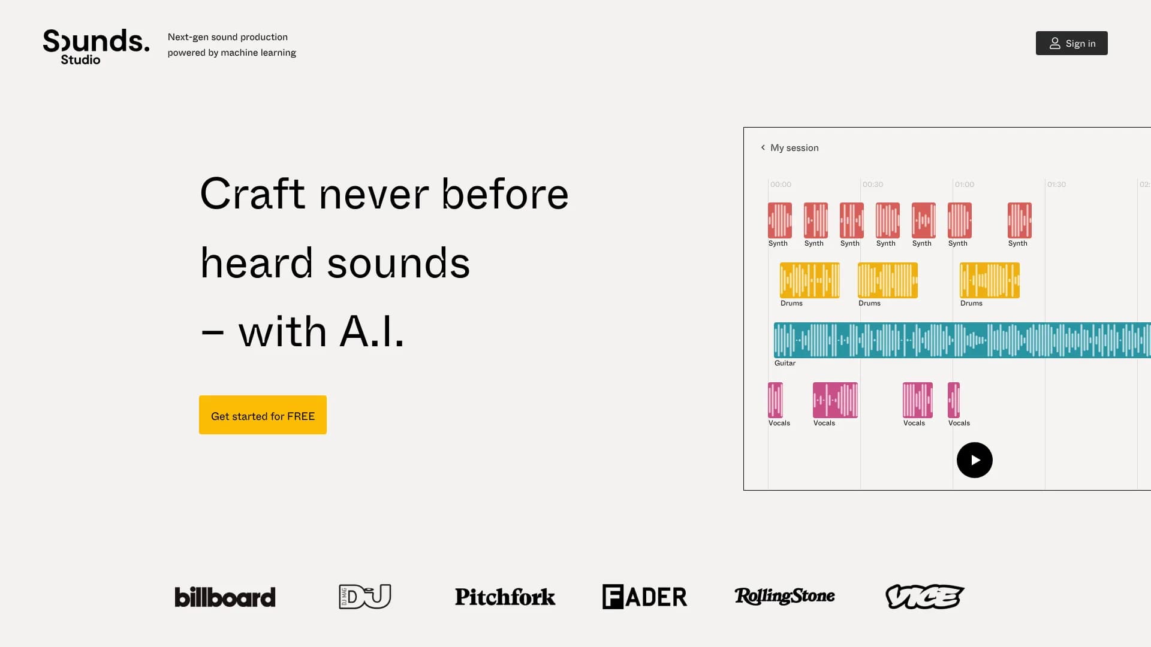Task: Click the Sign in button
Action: (1071, 43)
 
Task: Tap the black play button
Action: (974, 460)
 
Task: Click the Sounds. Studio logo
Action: (96, 47)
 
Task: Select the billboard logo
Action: (225, 597)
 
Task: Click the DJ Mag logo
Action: (364, 597)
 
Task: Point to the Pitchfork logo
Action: (505, 597)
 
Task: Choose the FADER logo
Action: (644, 597)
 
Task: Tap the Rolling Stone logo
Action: (784, 596)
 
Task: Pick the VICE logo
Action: (924, 597)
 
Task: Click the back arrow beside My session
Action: (763, 147)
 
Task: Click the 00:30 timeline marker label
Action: (873, 185)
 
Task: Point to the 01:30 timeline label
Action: (1056, 185)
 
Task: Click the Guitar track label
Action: (785, 363)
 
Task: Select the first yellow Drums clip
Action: (809, 280)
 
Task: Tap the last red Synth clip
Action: (1019, 220)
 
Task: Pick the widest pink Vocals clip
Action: (835, 400)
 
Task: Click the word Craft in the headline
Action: (252, 194)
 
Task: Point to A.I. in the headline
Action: (372, 331)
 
